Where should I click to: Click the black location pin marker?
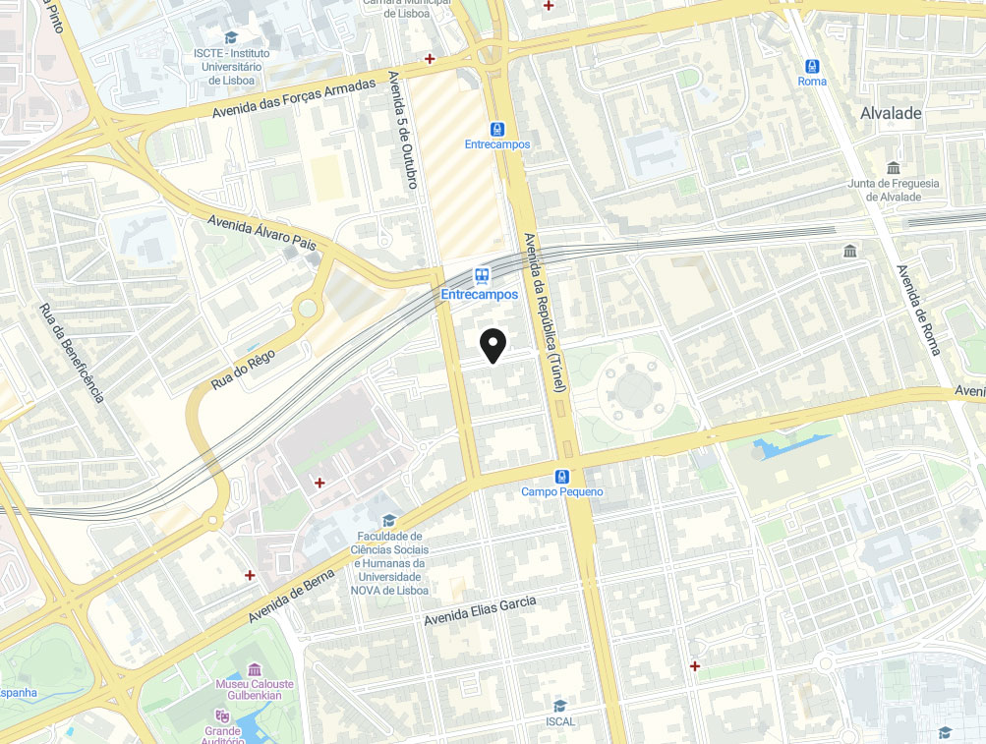click(493, 345)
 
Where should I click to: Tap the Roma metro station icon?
click(812, 67)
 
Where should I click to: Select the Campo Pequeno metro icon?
click(561, 477)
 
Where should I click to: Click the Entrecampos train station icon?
click(481, 276)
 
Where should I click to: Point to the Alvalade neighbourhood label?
click(891, 113)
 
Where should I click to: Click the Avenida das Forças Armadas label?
click(294, 100)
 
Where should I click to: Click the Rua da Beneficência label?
click(71, 352)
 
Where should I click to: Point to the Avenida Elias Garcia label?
click(480, 610)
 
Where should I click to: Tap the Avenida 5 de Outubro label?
click(403, 129)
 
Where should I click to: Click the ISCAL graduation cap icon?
click(559, 706)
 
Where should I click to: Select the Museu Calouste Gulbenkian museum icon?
click(255, 668)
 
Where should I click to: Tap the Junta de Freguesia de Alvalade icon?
click(893, 167)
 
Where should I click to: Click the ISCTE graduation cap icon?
click(231, 37)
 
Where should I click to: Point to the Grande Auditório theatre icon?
click(222, 716)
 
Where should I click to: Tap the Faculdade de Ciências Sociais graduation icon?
click(388, 520)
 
